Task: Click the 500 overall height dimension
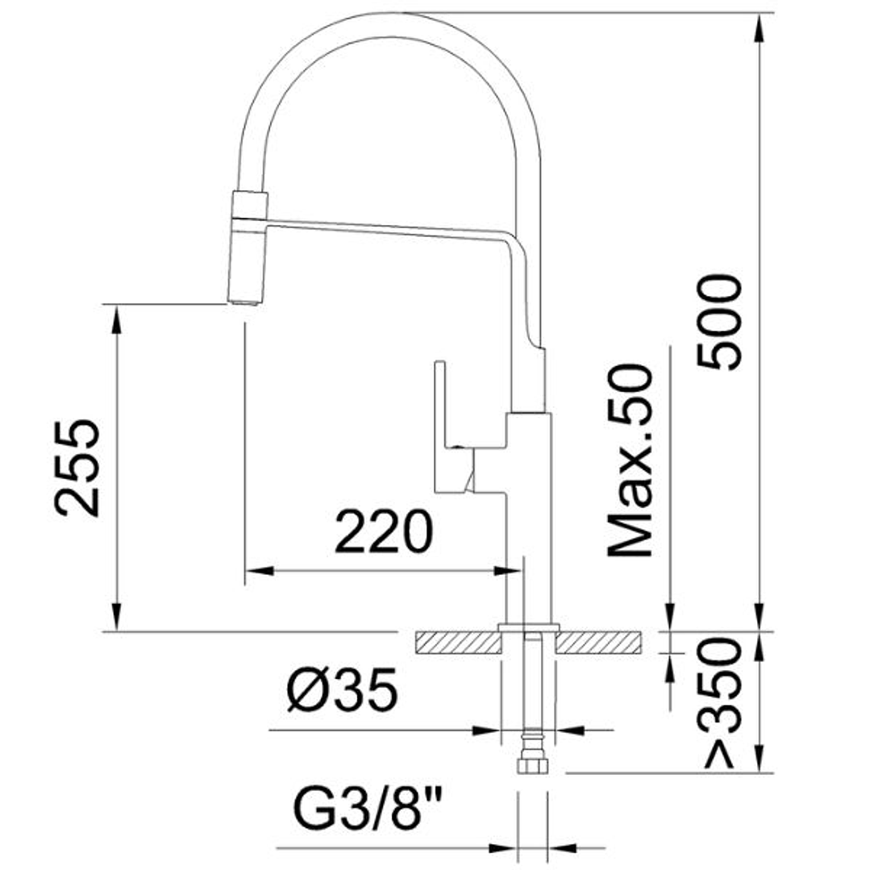click(719, 322)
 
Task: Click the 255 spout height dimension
click(78, 467)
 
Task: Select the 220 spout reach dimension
click(384, 532)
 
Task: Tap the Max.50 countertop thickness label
click(630, 460)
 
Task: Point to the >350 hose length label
click(720, 702)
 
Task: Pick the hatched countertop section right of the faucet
click(600, 643)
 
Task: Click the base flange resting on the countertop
click(529, 627)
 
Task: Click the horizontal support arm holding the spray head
click(387, 229)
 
